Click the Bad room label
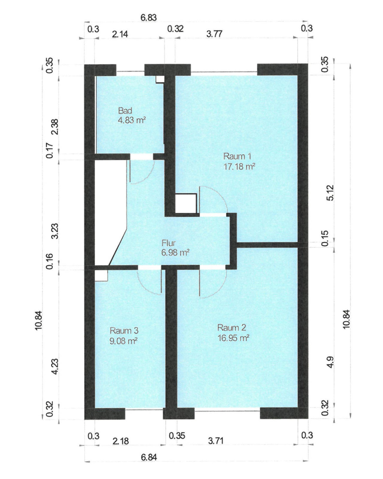click(125, 110)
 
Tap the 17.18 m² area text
click(239, 167)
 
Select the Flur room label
click(168, 243)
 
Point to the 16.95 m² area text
click(233, 338)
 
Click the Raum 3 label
click(124, 331)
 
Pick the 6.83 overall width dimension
click(149, 17)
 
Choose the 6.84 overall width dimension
click(149, 457)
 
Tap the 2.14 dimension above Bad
click(120, 34)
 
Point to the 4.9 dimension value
click(330, 362)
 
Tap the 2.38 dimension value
click(55, 127)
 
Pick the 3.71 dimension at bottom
click(216, 441)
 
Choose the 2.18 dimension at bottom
click(121, 441)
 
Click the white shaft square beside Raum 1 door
click(185, 204)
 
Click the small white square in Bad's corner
click(160, 79)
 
